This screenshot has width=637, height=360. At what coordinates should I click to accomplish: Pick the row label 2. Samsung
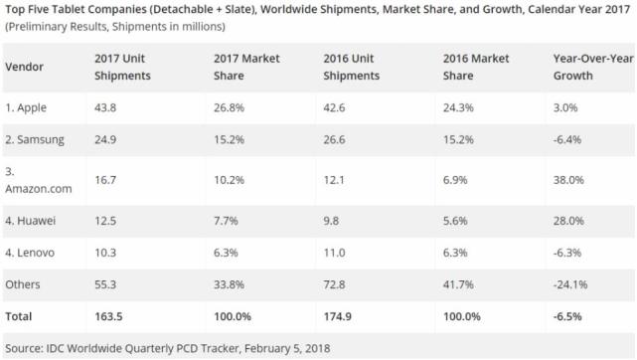click(x=35, y=138)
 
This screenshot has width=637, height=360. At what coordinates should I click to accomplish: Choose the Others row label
click(x=23, y=284)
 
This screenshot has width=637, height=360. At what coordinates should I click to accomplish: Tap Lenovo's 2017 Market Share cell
click(x=225, y=253)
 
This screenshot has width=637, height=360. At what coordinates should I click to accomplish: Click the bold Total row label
click(x=19, y=316)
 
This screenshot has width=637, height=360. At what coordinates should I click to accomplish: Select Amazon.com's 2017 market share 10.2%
click(x=228, y=179)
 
